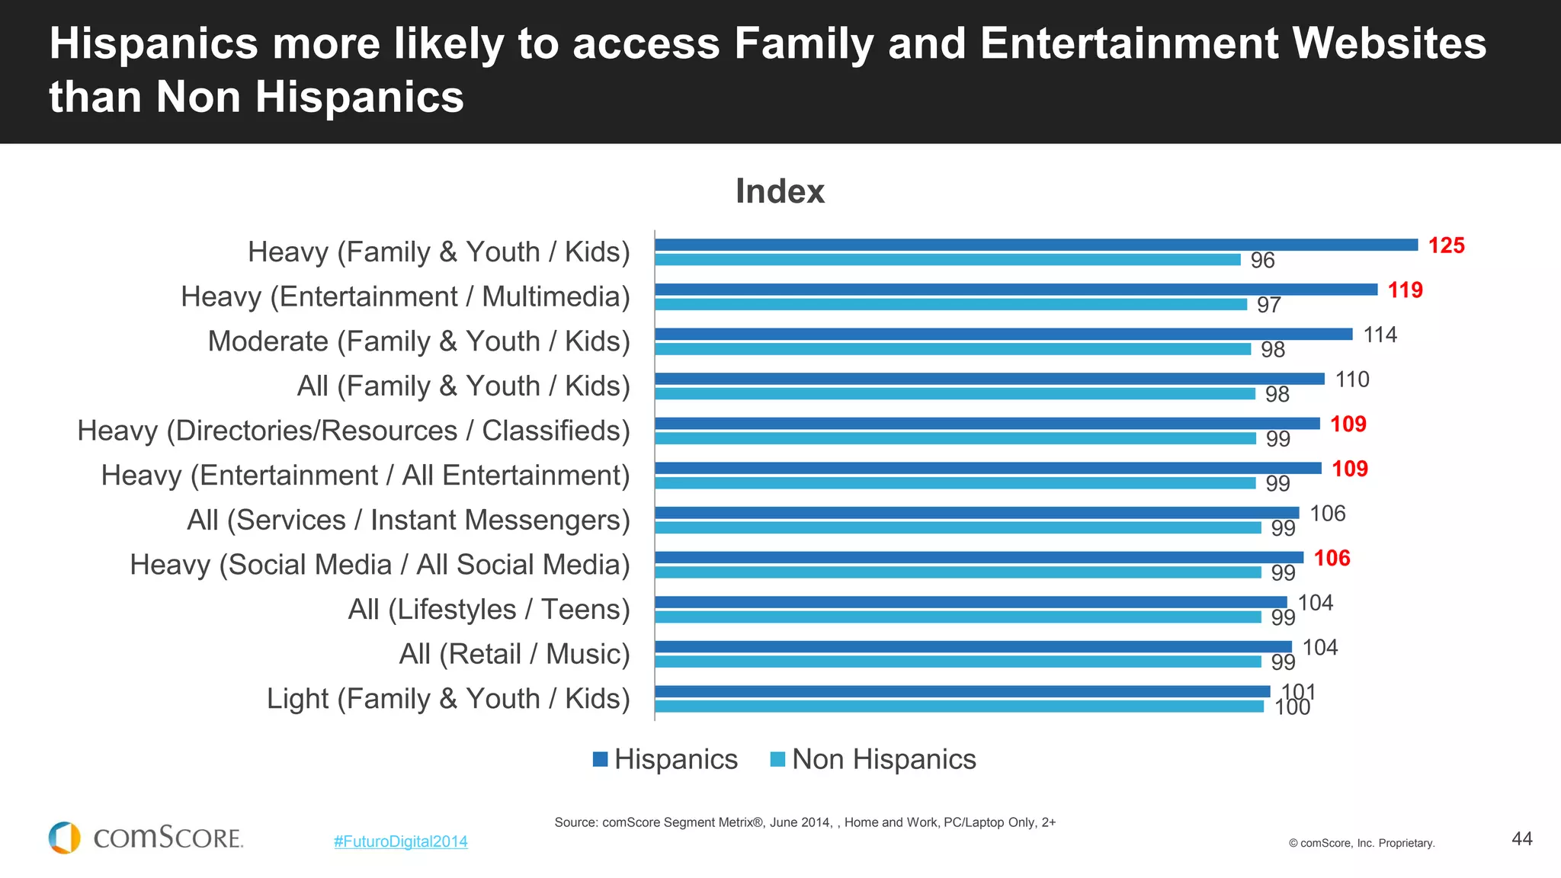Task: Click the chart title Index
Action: click(x=780, y=191)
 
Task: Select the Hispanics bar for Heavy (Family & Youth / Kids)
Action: click(x=1036, y=245)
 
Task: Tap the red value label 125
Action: click(x=1446, y=245)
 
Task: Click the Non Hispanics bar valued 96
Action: click(x=947, y=260)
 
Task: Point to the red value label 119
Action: click(x=1405, y=290)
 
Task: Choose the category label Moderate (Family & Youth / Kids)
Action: click(x=418, y=341)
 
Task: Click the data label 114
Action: click(x=1380, y=335)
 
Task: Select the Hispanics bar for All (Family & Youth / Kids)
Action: click(x=989, y=379)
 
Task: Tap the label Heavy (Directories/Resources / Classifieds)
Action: click(x=354, y=431)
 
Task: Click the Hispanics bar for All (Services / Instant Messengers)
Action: click(x=976, y=513)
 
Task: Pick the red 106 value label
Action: click(x=1332, y=558)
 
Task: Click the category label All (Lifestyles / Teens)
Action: click(x=489, y=610)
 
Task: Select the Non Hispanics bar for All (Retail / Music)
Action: click(x=957, y=662)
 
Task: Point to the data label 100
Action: click(x=1292, y=707)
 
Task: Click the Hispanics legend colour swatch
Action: click(x=601, y=759)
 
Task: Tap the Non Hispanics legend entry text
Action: click(x=883, y=759)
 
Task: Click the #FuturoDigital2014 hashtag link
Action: click(x=401, y=841)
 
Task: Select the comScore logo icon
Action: click(x=65, y=838)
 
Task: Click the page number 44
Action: click(x=1521, y=838)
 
